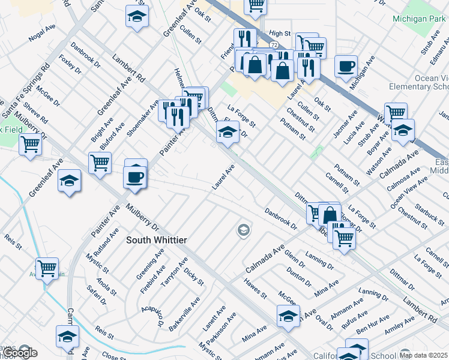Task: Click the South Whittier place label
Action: point(156,240)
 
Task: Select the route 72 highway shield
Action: point(273,45)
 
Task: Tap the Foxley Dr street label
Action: point(70,64)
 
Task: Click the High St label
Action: point(280,34)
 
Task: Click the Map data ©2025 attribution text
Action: point(423,355)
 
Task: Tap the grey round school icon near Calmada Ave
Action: point(243,230)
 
